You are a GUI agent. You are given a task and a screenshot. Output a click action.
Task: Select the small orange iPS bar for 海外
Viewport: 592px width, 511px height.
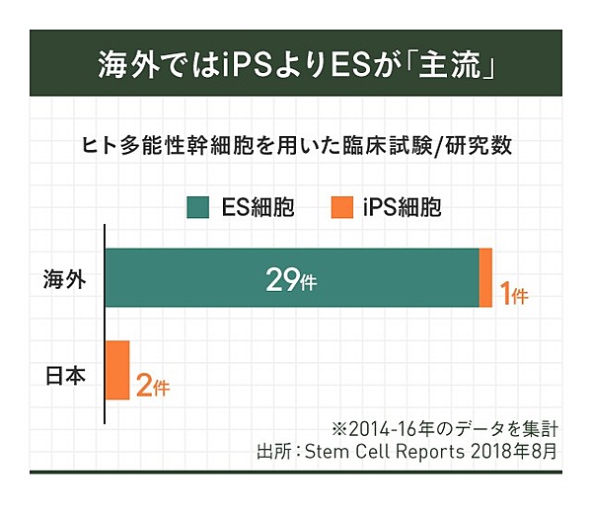pos(485,278)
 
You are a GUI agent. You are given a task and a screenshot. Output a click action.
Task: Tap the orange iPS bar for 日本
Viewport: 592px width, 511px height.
pos(117,370)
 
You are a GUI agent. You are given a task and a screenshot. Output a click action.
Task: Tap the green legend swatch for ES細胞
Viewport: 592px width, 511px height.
pos(195,207)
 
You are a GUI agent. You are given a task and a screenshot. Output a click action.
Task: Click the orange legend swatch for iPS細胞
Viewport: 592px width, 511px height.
pos(340,207)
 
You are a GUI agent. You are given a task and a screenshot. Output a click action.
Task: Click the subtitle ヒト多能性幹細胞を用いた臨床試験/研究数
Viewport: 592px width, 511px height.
pos(296,146)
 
